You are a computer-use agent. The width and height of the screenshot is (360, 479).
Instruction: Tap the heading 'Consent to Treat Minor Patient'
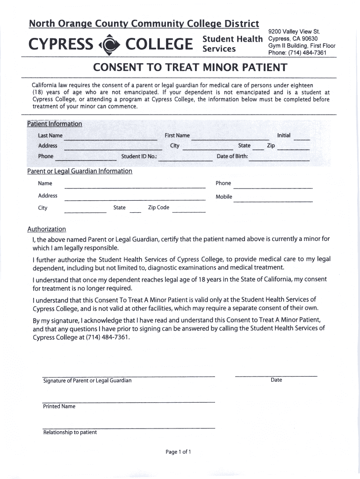(190, 67)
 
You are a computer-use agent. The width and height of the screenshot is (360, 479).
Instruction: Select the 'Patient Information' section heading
(55, 124)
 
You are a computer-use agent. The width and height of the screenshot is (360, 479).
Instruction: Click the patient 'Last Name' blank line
(110, 139)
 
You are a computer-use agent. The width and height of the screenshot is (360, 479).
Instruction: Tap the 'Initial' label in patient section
(284, 135)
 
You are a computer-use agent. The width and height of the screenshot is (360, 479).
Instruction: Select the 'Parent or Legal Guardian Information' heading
(80, 171)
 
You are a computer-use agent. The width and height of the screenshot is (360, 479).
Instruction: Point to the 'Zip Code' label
(158, 208)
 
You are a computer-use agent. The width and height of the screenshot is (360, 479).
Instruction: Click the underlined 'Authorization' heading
(47, 229)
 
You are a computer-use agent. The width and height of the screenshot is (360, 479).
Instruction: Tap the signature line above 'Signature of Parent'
(129, 376)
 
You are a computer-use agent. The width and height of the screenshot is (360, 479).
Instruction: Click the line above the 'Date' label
(276, 376)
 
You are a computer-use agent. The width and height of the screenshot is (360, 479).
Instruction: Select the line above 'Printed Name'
(129, 402)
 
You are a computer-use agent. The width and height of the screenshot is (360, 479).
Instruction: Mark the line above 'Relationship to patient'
(129, 428)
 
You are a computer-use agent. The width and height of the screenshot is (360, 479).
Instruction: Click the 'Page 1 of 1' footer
(178, 452)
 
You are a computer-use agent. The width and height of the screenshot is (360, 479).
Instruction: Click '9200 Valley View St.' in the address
(293, 32)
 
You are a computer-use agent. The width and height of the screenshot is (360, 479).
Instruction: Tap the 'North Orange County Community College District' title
(144, 23)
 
